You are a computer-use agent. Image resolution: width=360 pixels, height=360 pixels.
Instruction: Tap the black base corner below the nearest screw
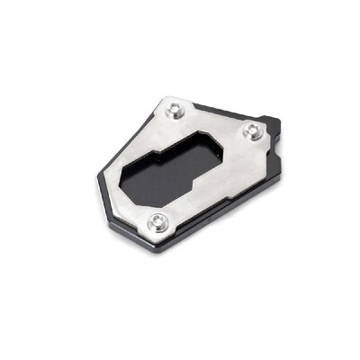point(162,247)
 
